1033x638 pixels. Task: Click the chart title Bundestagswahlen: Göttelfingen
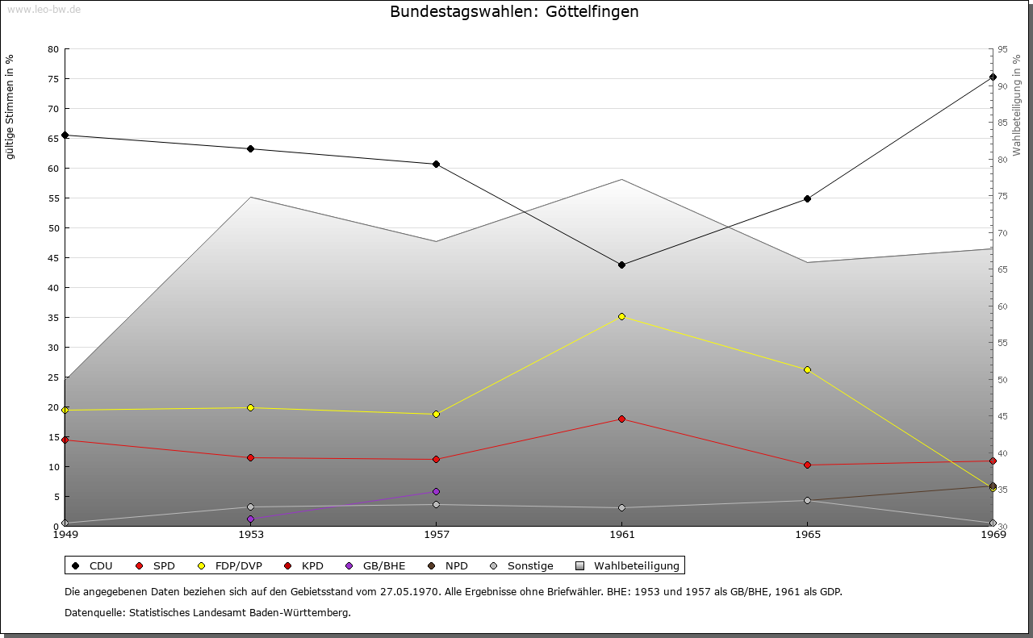click(514, 12)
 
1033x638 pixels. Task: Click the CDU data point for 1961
click(621, 265)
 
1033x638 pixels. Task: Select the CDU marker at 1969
click(993, 77)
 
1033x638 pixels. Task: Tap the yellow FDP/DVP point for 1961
click(621, 316)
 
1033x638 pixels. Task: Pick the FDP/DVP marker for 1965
click(807, 369)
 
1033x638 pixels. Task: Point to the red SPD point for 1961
click(621, 419)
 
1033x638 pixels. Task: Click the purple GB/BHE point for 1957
click(436, 491)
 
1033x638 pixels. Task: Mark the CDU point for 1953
click(250, 148)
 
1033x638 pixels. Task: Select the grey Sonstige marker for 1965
click(807, 500)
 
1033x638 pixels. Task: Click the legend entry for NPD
click(456, 565)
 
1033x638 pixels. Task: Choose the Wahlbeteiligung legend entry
click(636, 565)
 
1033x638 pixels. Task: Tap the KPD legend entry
click(312, 565)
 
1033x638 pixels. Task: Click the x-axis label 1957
click(436, 534)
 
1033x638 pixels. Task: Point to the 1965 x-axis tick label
click(807, 534)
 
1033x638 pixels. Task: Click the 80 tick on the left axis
click(53, 49)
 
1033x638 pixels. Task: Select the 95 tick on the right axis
click(1002, 49)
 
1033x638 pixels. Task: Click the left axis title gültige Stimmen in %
click(10, 106)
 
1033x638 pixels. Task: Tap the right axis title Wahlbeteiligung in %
click(1017, 106)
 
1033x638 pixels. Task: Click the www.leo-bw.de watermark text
click(44, 10)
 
